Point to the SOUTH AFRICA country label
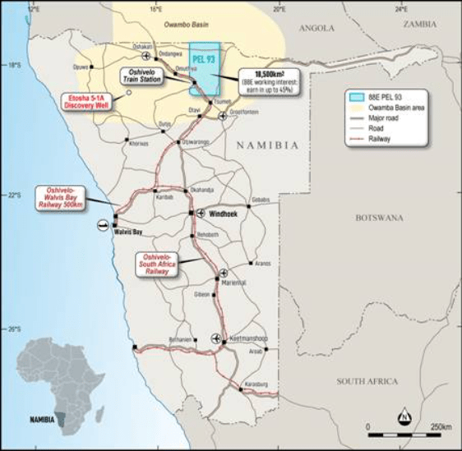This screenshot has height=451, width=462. click(367, 381)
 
